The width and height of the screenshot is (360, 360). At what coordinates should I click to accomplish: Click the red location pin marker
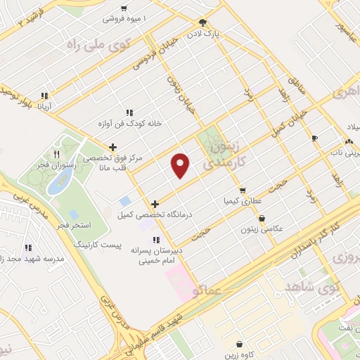pyautogui.click(x=181, y=165)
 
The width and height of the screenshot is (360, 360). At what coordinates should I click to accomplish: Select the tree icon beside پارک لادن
pyautogui.click(x=202, y=22)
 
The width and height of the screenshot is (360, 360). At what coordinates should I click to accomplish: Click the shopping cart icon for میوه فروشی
pyautogui.click(x=124, y=7)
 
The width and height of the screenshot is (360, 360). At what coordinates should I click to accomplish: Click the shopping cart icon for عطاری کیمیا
pyautogui.click(x=243, y=190)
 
